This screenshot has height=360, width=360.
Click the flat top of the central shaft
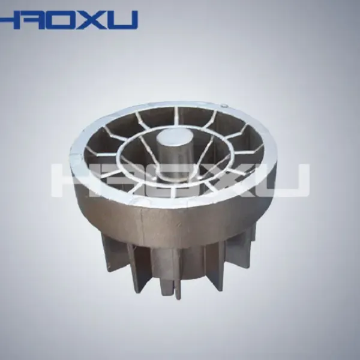click(175, 138)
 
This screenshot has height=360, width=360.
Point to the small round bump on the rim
click(224, 106)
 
